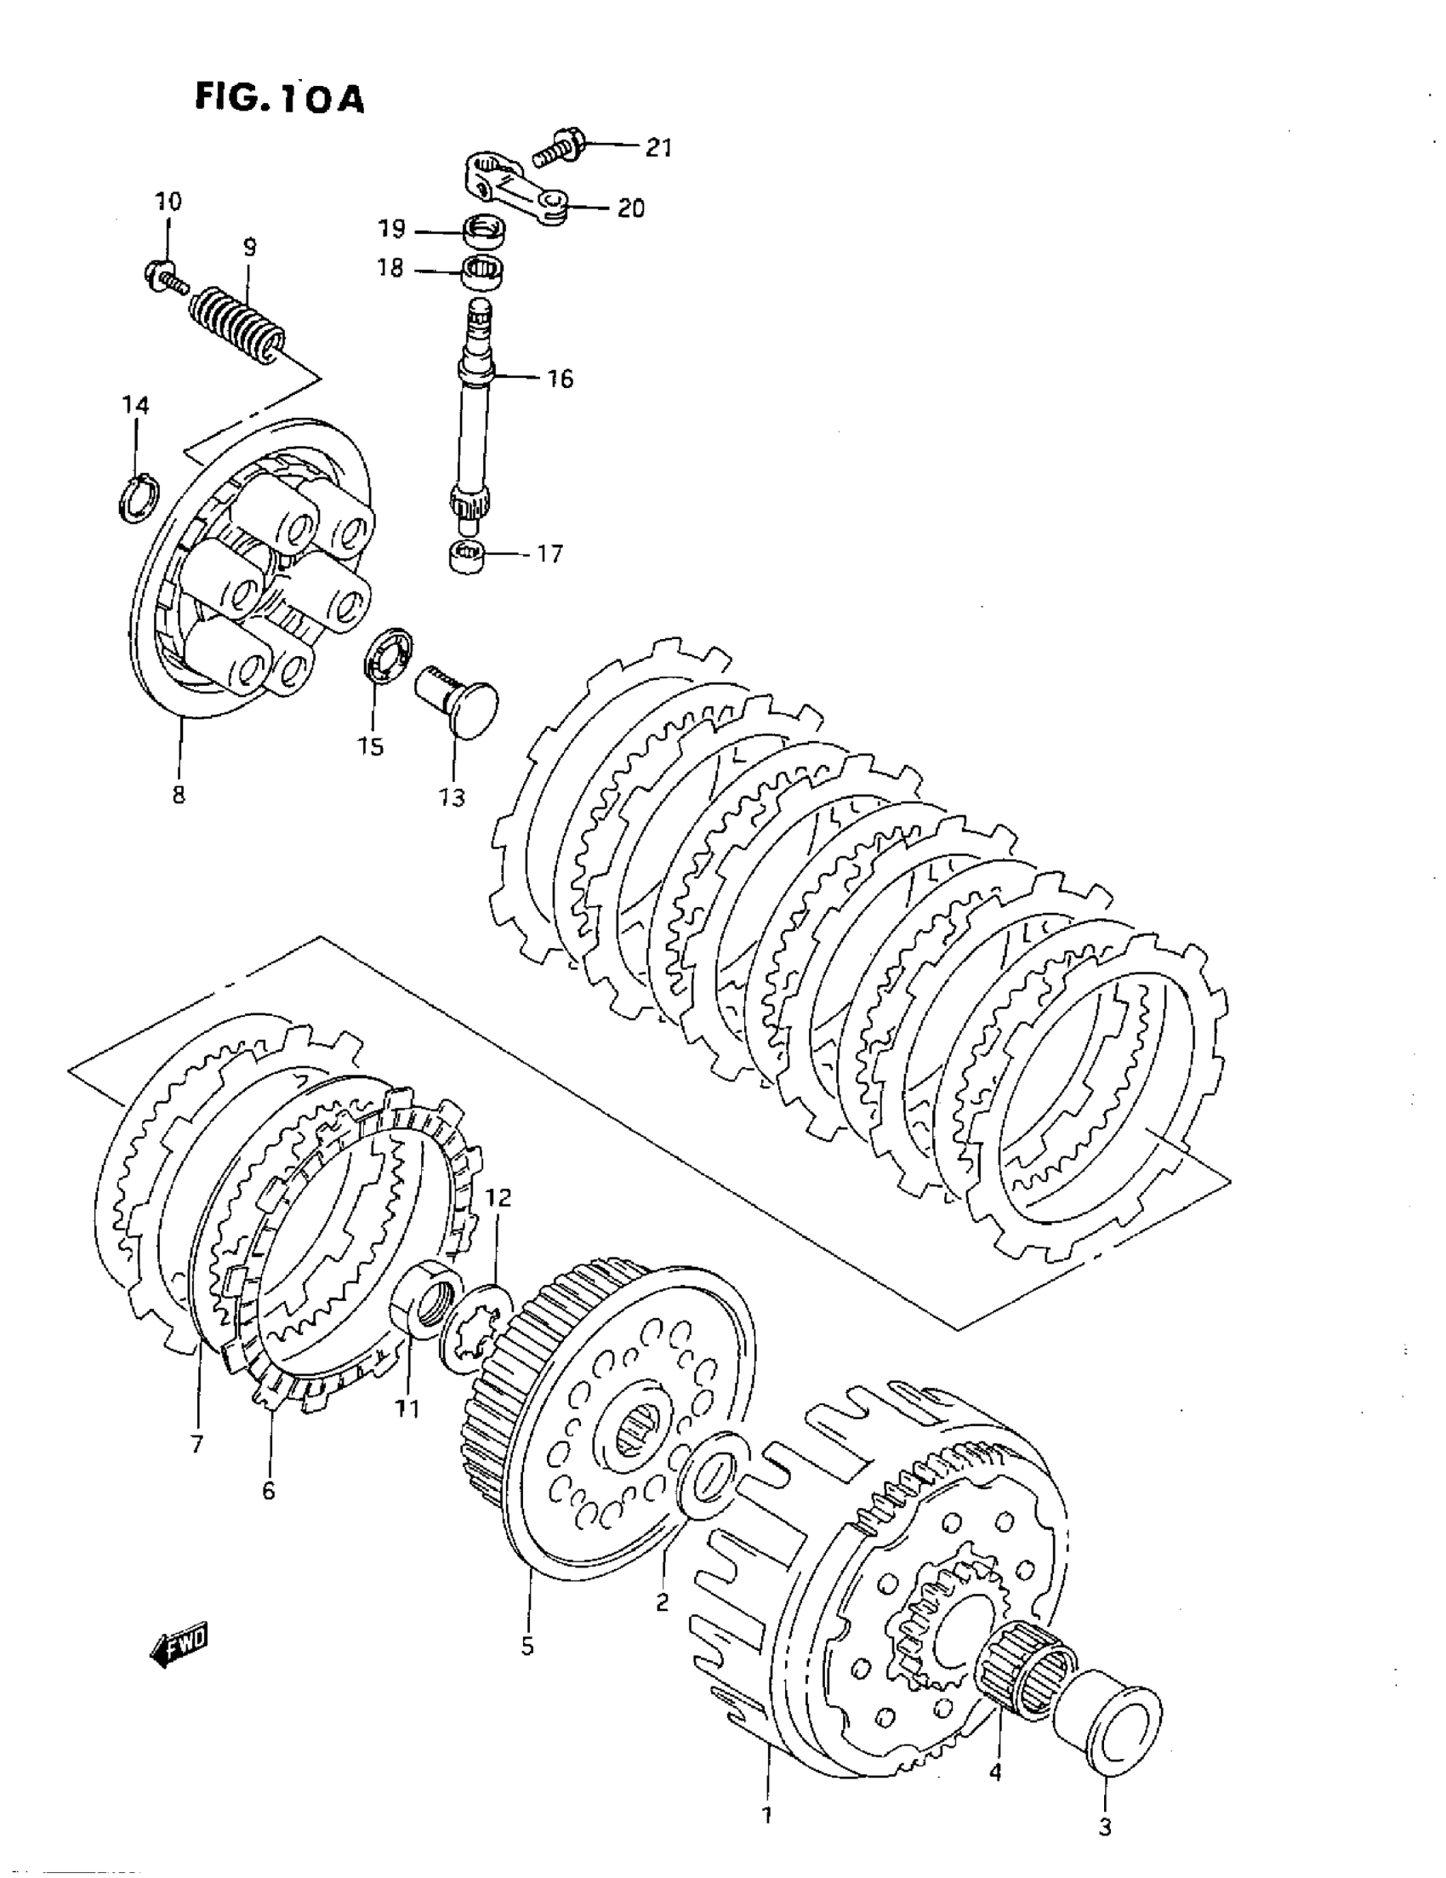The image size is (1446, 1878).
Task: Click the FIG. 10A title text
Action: pos(279,100)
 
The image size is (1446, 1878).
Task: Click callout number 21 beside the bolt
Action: pos(658,148)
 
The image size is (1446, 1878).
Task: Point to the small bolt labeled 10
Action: pos(162,273)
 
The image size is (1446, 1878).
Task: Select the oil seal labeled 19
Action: pos(484,231)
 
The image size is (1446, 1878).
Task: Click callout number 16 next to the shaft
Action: pos(560,379)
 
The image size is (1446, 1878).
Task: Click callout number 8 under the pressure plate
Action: pos(179,795)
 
